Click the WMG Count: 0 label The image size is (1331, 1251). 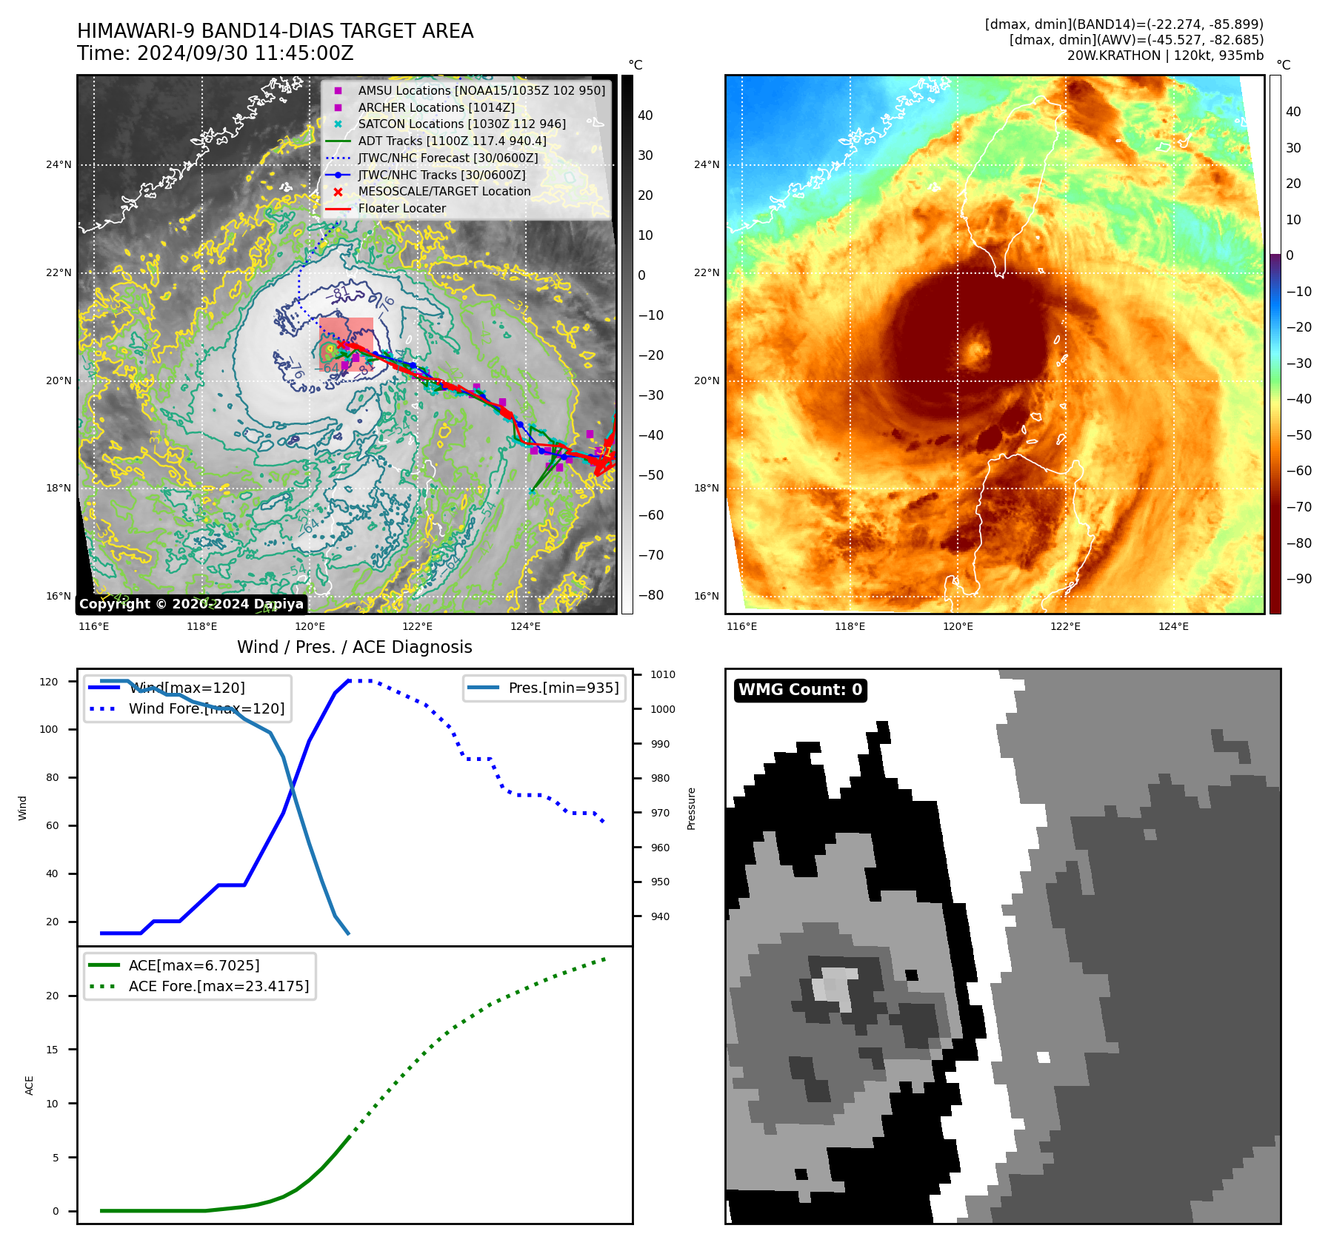coord(800,690)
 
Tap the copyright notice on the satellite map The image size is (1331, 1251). coord(191,604)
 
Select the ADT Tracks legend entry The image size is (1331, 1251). coord(452,141)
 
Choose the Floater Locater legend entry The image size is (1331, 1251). coord(401,209)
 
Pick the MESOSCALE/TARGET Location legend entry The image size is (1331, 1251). coord(444,192)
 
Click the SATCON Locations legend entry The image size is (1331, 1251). coord(461,124)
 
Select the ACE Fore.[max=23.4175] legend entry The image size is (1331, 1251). coord(219,986)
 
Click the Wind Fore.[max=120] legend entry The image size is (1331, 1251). coord(206,708)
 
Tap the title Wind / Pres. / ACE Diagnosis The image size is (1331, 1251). coord(354,647)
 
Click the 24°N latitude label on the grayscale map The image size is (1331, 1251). coord(59,164)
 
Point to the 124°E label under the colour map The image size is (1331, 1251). coord(1173,626)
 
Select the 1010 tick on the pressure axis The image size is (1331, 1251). coord(663,674)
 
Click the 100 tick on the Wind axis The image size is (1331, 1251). coord(48,729)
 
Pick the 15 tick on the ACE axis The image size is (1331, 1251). coord(52,1050)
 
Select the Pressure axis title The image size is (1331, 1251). coord(691,808)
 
